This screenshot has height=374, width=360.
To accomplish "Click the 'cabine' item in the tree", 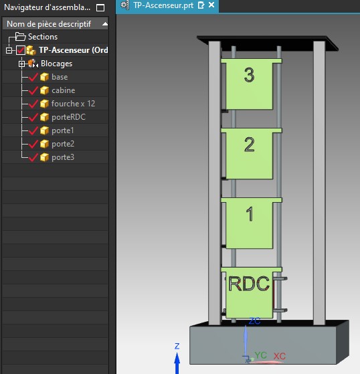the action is coord(63,90).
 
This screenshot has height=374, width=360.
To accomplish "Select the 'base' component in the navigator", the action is coord(60,77).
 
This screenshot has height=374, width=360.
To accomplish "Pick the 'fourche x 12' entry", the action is coord(73,104).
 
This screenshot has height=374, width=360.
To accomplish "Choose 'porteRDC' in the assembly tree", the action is coord(68,117).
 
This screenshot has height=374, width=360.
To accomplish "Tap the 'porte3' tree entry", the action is coord(63,157).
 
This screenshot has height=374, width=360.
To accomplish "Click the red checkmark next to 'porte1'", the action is coord(33,130).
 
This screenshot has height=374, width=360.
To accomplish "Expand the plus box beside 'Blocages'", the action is coord(21,64).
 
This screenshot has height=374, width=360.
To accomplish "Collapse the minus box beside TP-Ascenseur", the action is coord(9,51).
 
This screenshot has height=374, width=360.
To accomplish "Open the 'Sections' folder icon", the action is coord(20,37).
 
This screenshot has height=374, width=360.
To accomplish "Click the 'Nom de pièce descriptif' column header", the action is coord(49,24).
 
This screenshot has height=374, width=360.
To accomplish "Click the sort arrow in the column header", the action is coord(105,24).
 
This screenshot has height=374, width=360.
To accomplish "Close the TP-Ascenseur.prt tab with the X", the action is coord(211,5).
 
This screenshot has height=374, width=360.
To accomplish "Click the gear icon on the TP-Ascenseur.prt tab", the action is coord(124,5).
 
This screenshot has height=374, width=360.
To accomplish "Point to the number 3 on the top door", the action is coord(250,75).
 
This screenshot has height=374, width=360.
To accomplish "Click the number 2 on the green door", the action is coord(250,145).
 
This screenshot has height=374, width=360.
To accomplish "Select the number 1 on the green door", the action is coord(250,213).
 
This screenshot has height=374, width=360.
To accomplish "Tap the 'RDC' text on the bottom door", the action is coord(249,284).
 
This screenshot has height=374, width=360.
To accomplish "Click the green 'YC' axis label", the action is coord(260,355).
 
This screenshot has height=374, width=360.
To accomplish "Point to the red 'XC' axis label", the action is coord(280,356).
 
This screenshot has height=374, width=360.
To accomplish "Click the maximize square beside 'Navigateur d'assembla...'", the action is coord(100,8).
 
